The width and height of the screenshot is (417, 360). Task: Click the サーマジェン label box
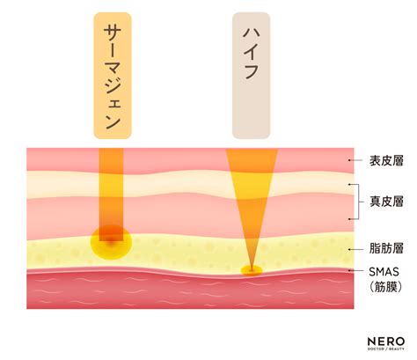coord(113,76)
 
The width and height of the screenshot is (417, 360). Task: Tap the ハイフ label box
coord(252,76)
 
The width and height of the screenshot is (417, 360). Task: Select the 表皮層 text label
coord(386,161)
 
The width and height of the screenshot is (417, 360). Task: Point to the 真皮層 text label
coord(386,202)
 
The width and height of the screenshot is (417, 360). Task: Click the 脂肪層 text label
coord(386,248)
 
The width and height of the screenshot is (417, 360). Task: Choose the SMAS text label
coord(384,272)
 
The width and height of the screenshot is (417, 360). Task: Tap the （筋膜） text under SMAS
coord(385,287)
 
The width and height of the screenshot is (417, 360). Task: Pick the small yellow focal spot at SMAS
coord(252,270)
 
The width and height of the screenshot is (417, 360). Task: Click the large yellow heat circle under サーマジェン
coord(111,243)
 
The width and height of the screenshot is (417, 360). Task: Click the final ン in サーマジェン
coord(113,122)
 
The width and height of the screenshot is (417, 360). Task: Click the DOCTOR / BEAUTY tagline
coord(386,349)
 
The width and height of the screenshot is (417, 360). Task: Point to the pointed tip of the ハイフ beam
coord(252,268)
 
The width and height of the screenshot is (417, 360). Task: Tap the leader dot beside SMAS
coord(349,270)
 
